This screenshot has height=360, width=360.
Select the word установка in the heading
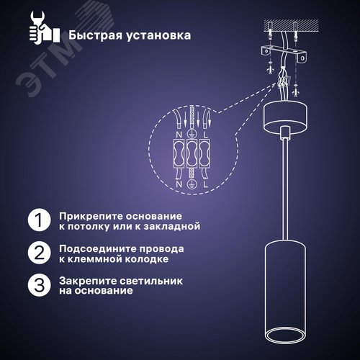click(x=158, y=35)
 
